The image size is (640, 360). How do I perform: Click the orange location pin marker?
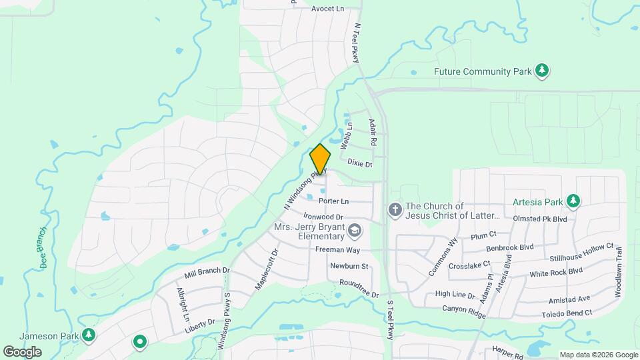[x=320, y=159]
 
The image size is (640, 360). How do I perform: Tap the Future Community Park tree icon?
[x=543, y=71]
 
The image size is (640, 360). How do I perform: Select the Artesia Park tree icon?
[x=573, y=201]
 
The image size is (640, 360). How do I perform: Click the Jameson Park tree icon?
[x=89, y=335]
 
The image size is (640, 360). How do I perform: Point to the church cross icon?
[x=395, y=211]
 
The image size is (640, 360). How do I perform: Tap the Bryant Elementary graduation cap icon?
[x=355, y=231]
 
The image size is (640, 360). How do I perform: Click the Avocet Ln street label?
[x=327, y=9]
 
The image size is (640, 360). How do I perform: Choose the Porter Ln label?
[x=334, y=201]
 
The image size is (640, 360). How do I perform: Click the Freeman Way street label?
[x=337, y=250]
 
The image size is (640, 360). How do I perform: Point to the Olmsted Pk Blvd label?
[x=540, y=219]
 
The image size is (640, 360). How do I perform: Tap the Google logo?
[x=22, y=351]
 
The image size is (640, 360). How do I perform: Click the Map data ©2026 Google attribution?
[x=598, y=355]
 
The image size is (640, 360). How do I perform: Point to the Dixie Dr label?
[x=359, y=163]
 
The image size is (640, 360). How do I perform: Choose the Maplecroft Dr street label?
[x=266, y=269]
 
